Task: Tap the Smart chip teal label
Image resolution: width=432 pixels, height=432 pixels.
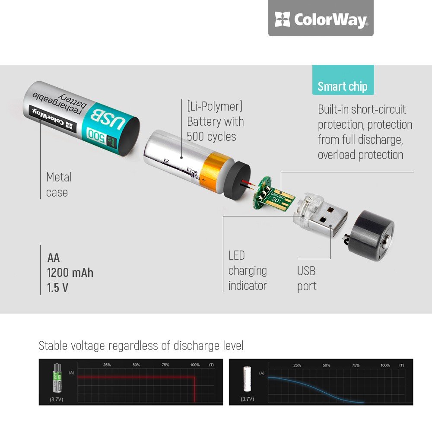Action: [x=343, y=86]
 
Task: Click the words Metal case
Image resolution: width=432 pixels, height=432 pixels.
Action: [x=59, y=184]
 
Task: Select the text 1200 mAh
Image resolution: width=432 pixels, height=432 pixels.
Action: [x=70, y=273]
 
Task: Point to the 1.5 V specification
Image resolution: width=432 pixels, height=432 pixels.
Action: [x=57, y=288]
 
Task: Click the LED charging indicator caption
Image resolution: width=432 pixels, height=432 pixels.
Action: [x=248, y=270]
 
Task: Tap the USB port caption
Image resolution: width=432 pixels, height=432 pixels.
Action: [x=307, y=279]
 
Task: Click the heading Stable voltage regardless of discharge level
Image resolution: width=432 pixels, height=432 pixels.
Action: [x=141, y=346]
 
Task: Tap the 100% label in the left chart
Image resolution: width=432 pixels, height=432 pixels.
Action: [x=195, y=365]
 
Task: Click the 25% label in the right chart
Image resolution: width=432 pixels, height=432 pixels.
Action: [x=297, y=365]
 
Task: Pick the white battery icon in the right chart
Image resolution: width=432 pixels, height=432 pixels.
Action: [x=247, y=378]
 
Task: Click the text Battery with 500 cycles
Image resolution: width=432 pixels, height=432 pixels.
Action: [x=215, y=129]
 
